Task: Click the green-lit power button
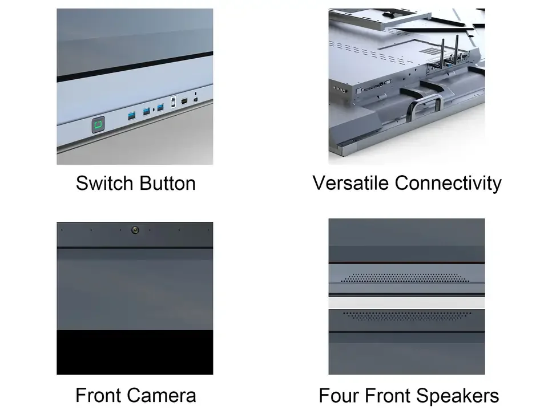click(x=99, y=124)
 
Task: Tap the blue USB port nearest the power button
click(x=132, y=116)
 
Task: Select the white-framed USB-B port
click(x=173, y=107)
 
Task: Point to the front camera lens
click(x=135, y=230)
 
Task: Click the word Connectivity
click(x=448, y=183)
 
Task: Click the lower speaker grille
click(x=406, y=315)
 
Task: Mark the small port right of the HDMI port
click(x=195, y=100)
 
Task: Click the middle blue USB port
click(x=147, y=111)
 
